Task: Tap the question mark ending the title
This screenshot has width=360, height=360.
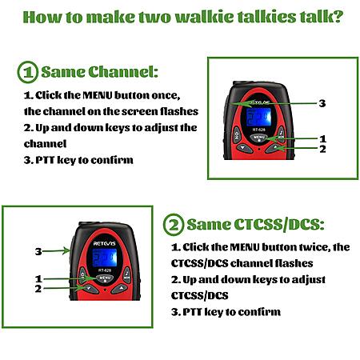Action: tap(338, 17)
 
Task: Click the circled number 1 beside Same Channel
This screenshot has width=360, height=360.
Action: tap(28, 72)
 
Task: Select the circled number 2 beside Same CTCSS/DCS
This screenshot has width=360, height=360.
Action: tap(174, 224)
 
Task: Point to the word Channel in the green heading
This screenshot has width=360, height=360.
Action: tap(123, 72)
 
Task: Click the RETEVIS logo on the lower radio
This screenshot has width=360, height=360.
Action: tap(105, 243)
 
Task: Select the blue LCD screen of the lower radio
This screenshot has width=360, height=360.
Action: tap(105, 258)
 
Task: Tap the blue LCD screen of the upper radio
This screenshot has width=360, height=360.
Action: tap(258, 117)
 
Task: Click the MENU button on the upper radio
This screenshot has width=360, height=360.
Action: tap(258, 138)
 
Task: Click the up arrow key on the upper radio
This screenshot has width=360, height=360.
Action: tap(275, 147)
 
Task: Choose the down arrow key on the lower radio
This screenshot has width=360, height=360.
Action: tap(90, 288)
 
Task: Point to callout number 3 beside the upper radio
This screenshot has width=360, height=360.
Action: tap(322, 103)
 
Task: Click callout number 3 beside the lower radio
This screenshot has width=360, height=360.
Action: tap(38, 251)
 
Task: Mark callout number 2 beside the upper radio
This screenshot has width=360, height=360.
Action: tap(322, 149)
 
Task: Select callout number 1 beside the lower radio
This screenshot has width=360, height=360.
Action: tap(38, 279)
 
